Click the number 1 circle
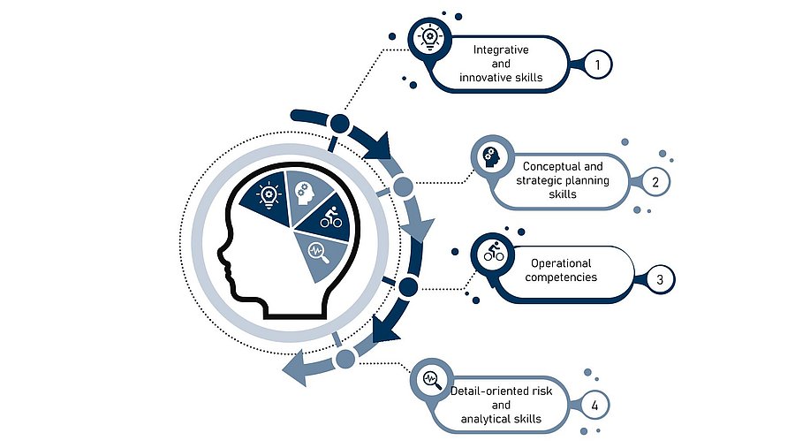point(598,64)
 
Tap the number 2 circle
point(655,183)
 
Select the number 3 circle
point(660,279)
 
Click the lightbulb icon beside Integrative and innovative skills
point(429,37)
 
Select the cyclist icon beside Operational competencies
point(492,254)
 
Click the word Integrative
point(501,50)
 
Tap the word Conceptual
point(548,166)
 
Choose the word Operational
point(561,263)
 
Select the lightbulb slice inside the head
point(266,196)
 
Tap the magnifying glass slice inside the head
point(317,253)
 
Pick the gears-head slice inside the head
point(303,191)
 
